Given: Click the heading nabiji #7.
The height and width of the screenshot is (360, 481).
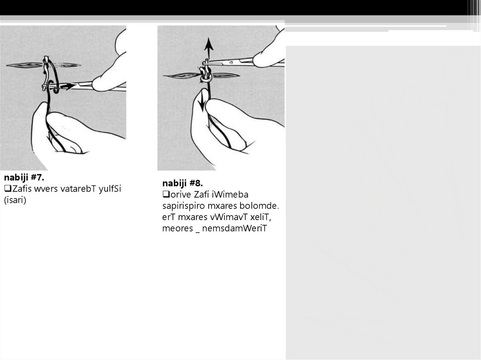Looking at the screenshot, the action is (24, 177).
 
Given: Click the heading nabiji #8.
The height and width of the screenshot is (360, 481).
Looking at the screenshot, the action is (183, 184).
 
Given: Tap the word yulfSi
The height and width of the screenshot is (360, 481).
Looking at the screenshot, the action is (110, 189).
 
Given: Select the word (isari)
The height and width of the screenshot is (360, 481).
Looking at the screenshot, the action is (15, 200).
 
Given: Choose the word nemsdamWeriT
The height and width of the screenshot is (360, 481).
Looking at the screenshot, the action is (235, 229).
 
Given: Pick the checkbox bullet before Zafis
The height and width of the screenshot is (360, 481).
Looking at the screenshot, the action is (8, 189).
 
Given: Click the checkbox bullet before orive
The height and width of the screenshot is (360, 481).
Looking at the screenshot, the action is (166, 194).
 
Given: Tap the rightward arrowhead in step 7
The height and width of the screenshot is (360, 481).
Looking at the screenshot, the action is (70, 86).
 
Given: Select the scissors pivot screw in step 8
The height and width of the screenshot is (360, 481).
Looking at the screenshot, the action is (231, 62).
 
